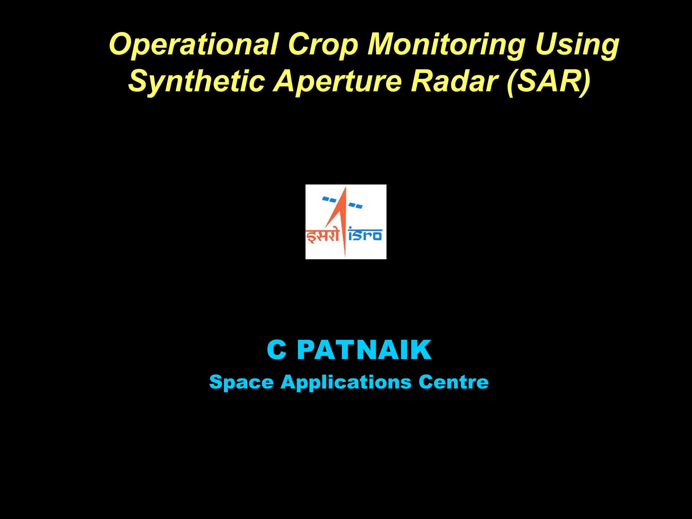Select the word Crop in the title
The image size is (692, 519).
pyautogui.click(x=323, y=45)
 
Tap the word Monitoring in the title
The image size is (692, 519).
pyautogui.click(x=446, y=45)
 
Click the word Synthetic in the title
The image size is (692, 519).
pyautogui.click(x=196, y=81)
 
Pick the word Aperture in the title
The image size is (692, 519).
pyautogui.click(x=338, y=81)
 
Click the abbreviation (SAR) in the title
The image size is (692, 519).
pyautogui.click(x=549, y=81)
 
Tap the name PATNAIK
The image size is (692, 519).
pyautogui.click(x=364, y=350)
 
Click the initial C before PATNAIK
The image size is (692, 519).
pyautogui.click(x=276, y=350)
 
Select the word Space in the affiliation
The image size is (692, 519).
pyautogui.click(x=241, y=382)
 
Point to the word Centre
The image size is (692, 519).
pyautogui.click(x=453, y=382)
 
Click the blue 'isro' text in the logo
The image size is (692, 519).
pyautogui.click(x=365, y=235)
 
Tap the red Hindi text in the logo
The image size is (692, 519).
pyautogui.click(x=322, y=236)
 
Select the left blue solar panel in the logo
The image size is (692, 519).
pyautogui.click(x=329, y=199)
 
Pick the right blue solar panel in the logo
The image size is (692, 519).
pyautogui.click(x=355, y=205)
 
